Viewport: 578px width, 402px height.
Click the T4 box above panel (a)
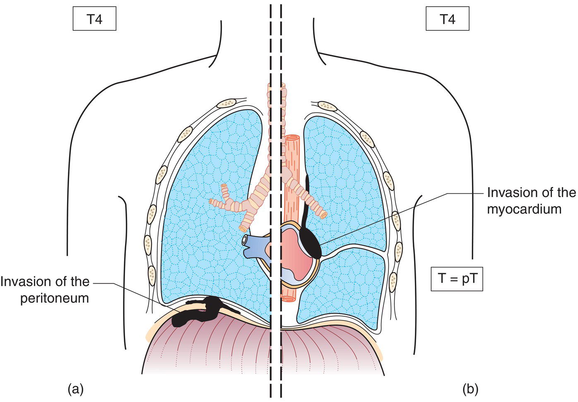pos(94,19)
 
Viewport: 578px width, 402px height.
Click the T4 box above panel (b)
pos(447,19)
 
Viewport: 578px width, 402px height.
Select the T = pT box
pos(457,279)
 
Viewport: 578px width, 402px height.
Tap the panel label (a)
pos(75,389)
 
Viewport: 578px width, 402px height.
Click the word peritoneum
pos(55,298)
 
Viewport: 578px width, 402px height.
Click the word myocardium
pos(524,209)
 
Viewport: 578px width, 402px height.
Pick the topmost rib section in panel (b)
pos(328,106)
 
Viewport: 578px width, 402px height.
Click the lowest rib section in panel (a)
pos(152,274)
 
